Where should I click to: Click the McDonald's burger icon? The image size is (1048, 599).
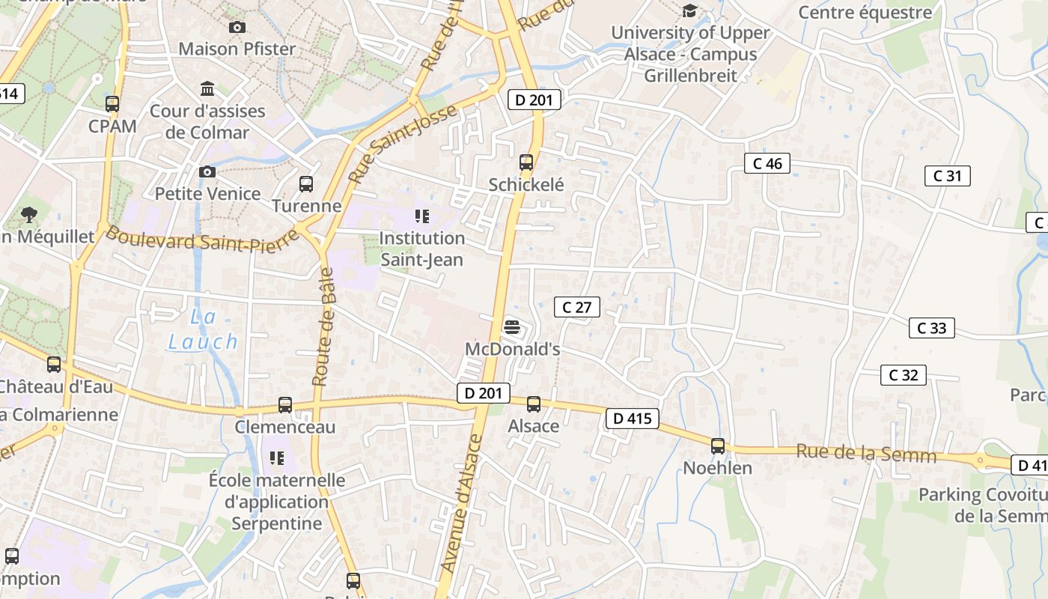[x=512, y=326]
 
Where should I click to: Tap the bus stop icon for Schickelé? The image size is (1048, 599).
[x=526, y=162]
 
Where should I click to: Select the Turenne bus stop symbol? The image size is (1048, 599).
[x=306, y=183]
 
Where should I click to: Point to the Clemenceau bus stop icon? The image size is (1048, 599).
[x=285, y=404]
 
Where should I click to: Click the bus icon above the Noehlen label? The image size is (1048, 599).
[x=718, y=446]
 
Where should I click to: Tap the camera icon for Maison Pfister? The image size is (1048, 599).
[x=237, y=27]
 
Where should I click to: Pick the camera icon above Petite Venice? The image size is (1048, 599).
[x=207, y=171]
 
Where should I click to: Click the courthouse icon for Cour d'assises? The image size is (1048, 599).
[x=207, y=88]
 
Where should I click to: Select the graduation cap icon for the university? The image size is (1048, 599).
[x=689, y=10]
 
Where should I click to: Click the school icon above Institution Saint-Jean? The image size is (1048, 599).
[x=422, y=216]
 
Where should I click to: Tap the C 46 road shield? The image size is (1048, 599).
[x=767, y=163]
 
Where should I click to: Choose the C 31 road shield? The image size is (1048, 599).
[x=947, y=176]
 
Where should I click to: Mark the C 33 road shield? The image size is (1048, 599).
[x=931, y=328]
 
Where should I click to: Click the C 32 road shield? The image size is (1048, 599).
[x=903, y=375]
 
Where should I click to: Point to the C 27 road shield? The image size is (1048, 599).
[x=576, y=306]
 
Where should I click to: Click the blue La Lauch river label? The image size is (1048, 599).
[x=203, y=329]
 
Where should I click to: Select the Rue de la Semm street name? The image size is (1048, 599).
[x=865, y=453]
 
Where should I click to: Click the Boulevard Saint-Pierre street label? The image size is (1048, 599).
[x=202, y=240]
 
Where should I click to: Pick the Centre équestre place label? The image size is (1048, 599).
[x=865, y=12]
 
